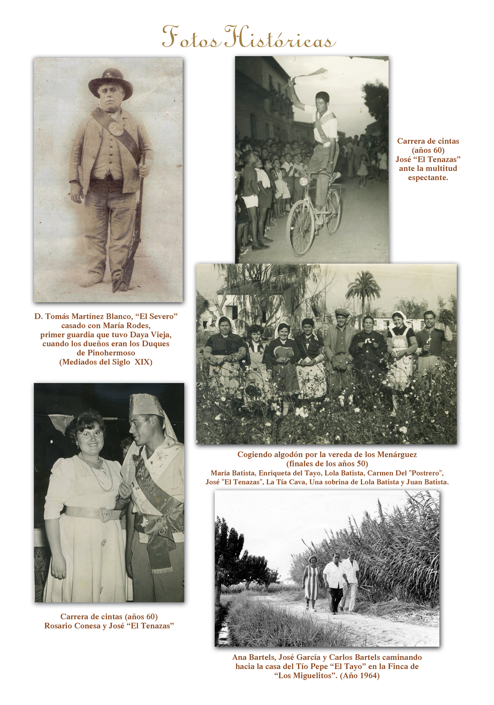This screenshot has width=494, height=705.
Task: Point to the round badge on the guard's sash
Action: click(116, 128)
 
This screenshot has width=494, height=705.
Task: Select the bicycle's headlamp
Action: click(302, 181)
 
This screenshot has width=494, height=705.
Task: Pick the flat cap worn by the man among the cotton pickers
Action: click(342, 313)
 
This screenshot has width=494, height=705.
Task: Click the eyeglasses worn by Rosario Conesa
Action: click(90, 433)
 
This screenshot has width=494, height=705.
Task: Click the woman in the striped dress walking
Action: click(312, 582)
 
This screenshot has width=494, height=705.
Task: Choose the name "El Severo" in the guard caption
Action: click(156, 316)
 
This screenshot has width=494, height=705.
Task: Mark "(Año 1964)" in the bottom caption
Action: click(360, 676)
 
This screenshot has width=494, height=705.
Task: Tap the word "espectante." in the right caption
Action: click(428, 178)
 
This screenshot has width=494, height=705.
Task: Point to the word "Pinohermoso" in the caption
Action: click(111, 353)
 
